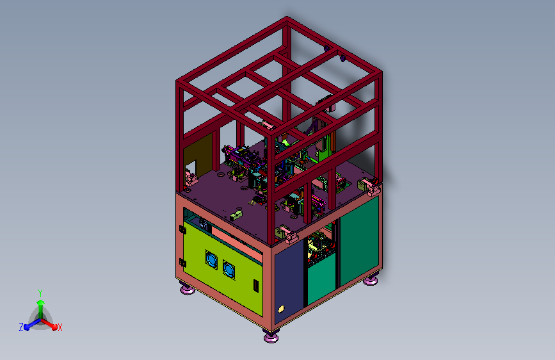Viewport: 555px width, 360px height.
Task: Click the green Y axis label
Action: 40,293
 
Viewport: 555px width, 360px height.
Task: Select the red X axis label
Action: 60,327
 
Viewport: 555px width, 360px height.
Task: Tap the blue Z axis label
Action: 21,327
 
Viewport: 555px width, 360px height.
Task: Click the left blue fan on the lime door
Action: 211,259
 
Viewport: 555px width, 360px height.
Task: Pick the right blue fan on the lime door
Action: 229,269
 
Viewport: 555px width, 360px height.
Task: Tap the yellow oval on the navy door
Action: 282,309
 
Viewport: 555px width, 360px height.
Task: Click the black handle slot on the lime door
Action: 255,286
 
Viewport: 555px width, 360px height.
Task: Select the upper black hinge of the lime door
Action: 182,229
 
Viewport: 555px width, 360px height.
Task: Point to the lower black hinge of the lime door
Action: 182,263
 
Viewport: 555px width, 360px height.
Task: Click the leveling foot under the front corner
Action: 271,335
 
